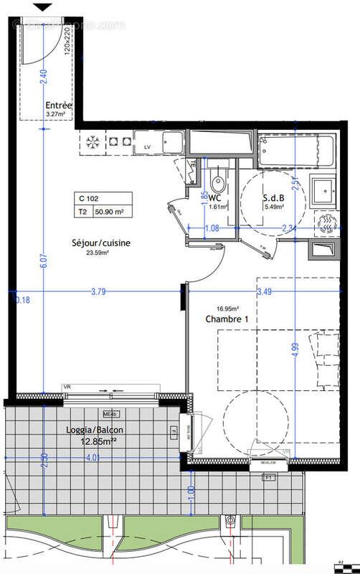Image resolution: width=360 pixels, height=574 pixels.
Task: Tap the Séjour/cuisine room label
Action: point(100,243)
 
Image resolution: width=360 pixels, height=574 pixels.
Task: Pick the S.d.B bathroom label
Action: point(273,197)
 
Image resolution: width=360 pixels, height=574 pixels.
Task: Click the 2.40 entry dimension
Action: point(43,72)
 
